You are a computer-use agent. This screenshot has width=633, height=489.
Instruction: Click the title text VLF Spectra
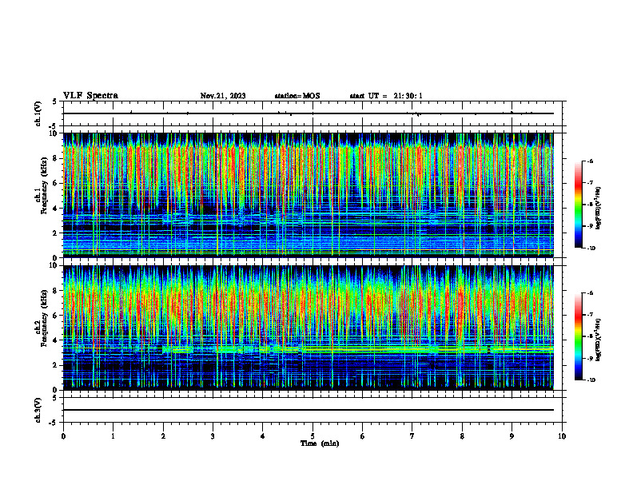point(90,96)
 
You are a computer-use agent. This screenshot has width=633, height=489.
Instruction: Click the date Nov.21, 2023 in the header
point(223,96)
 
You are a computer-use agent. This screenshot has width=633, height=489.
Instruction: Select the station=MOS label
point(297,96)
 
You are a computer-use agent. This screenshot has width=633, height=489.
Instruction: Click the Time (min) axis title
point(319,443)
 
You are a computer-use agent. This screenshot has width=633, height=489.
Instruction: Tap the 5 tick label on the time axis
point(313,436)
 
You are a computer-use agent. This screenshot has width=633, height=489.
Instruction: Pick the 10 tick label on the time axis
point(562,436)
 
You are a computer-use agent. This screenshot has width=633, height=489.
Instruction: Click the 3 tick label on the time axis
point(213,436)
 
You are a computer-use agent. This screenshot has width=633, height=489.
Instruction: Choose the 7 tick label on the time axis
point(412,436)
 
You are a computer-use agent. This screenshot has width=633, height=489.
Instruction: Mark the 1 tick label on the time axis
point(113,436)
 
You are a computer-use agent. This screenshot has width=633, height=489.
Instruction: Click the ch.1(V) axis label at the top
point(38,115)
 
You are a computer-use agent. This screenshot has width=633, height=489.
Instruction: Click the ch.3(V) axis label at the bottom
point(38,409)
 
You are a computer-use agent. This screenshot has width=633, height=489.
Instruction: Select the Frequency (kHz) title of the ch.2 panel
point(45,328)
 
